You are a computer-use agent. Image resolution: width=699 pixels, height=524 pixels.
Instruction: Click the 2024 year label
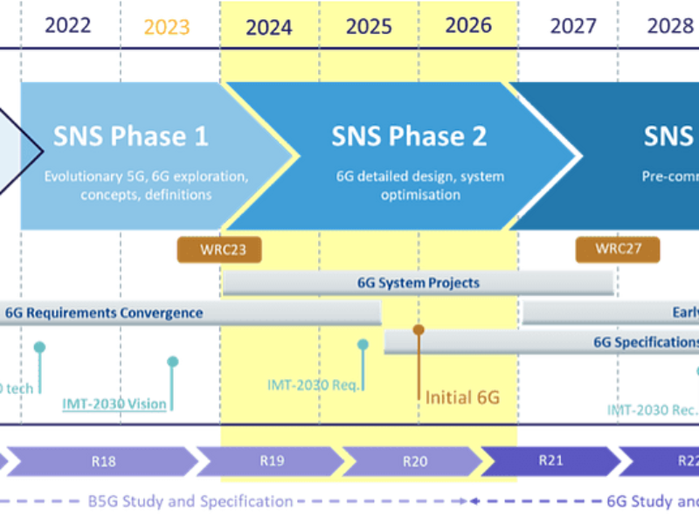[268, 27]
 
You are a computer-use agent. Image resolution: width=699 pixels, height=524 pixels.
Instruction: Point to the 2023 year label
[167, 27]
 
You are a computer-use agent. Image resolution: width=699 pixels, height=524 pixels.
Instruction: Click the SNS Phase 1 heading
[131, 136]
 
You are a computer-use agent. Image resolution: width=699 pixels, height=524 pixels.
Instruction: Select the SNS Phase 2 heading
[409, 136]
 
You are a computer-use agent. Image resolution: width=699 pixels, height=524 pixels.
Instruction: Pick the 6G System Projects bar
[419, 283]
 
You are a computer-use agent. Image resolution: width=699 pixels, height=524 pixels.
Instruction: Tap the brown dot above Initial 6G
[419, 329]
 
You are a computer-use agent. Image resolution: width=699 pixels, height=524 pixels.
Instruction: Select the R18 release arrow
[103, 462]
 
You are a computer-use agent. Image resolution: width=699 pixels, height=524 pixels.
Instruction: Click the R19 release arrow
[271, 462]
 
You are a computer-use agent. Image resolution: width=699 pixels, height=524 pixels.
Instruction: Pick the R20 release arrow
[412, 462]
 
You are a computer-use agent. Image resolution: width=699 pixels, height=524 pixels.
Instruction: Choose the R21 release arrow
[550, 462]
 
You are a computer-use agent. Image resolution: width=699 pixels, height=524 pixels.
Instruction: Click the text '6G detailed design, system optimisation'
[408, 185]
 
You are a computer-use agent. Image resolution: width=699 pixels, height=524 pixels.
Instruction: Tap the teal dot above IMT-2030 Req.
[363, 345]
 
